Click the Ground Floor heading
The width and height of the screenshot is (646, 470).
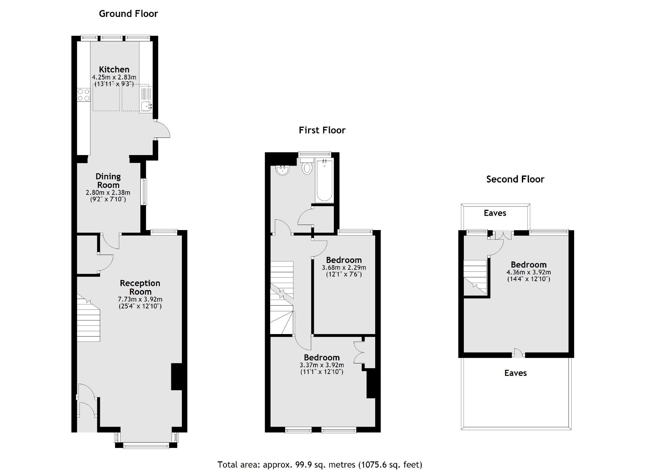pyautogui.click(x=128, y=14)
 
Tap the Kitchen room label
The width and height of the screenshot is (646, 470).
pyautogui.click(x=114, y=69)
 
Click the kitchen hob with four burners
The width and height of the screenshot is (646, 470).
pyautogui.click(x=83, y=95)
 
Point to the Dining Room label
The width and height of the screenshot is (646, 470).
pyautogui.click(x=108, y=181)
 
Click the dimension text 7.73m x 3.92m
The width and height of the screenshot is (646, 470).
pyautogui.click(x=140, y=299)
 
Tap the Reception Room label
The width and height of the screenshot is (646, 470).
pyautogui.click(x=140, y=287)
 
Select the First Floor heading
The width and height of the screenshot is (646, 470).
pyautogui.click(x=322, y=130)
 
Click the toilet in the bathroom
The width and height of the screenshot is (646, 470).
pyautogui.click(x=307, y=167)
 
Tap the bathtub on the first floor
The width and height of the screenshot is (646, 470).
pyautogui.click(x=324, y=180)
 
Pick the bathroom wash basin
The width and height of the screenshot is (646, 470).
pyautogui.click(x=282, y=170)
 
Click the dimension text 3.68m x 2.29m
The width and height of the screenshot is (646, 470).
pyautogui.click(x=344, y=267)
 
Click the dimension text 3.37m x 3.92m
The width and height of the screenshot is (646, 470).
pyautogui.click(x=322, y=365)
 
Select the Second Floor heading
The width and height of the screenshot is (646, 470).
pyautogui.click(x=515, y=179)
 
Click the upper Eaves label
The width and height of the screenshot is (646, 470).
pyautogui.click(x=495, y=213)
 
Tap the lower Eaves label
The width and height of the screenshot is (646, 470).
pyautogui.click(x=515, y=373)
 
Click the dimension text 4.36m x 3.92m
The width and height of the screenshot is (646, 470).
pyautogui.click(x=529, y=272)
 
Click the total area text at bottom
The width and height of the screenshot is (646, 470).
pyautogui.click(x=320, y=464)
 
